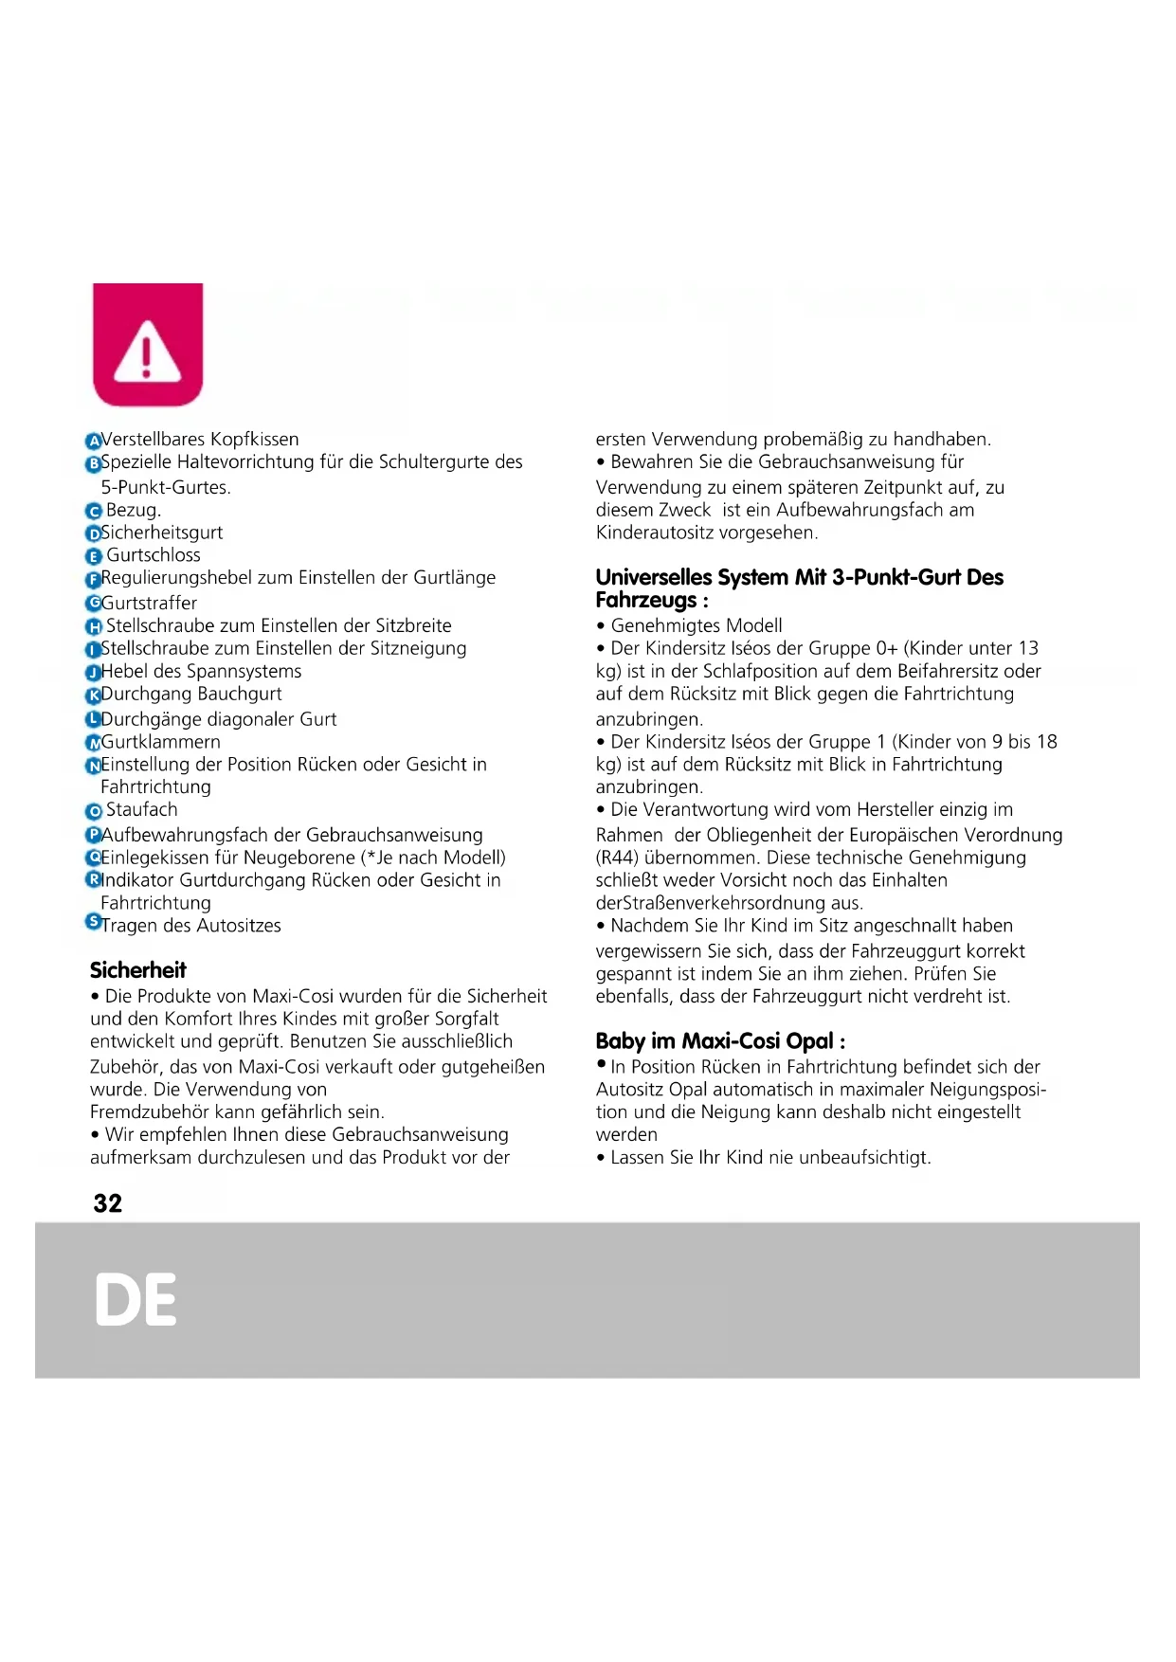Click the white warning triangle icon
click(x=147, y=351)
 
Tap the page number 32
click(x=108, y=1203)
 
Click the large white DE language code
click(x=136, y=1300)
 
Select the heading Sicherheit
click(x=138, y=970)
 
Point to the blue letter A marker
click(x=93, y=441)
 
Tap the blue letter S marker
click(x=93, y=922)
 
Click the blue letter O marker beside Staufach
click(x=93, y=811)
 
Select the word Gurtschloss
click(x=154, y=555)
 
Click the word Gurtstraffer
click(x=150, y=604)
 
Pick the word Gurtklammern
click(x=161, y=742)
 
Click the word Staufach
click(x=142, y=810)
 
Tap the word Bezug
click(x=133, y=511)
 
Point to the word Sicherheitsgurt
click(x=162, y=533)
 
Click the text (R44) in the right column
click(x=617, y=858)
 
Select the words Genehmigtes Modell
click(x=697, y=626)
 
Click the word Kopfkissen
click(x=255, y=440)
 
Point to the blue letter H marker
click(x=93, y=626)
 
